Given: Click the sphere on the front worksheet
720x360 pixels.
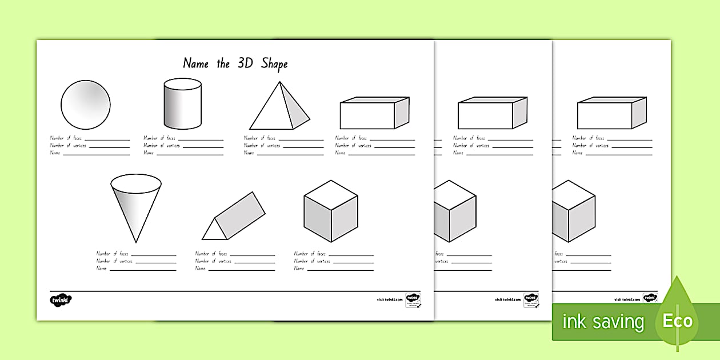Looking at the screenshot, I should click(x=86, y=105).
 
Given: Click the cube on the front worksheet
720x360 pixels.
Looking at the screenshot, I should click(x=331, y=211).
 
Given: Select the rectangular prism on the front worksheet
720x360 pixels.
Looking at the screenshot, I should click(x=374, y=113).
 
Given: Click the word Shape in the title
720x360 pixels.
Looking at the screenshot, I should click(x=274, y=63).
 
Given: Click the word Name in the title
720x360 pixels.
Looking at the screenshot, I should click(x=195, y=63).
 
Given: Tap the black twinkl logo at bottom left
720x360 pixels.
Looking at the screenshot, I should click(x=61, y=299).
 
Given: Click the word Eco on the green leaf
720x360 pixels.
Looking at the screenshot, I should click(x=678, y=321).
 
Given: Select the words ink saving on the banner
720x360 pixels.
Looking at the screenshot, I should click(x=603, y=322).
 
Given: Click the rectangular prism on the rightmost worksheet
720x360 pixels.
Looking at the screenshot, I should click(x=611, y=113).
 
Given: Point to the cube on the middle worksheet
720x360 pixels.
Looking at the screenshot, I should click(x=455, y=211).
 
